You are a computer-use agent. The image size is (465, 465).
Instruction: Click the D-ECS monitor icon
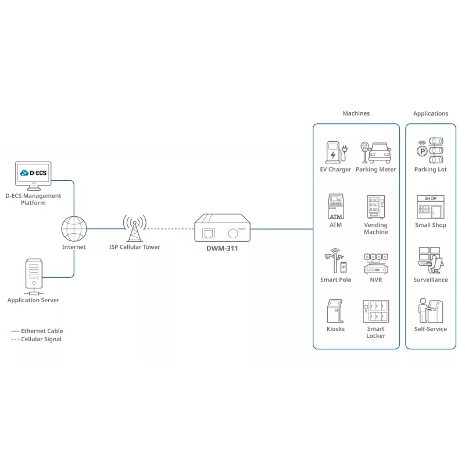[33, 176]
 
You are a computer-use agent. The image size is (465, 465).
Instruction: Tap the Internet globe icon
[74, 228]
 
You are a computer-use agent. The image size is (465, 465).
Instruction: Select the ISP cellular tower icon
[135, 228]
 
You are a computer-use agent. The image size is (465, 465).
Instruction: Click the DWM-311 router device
[223, 227]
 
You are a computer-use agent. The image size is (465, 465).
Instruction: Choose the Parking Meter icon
[375, 152]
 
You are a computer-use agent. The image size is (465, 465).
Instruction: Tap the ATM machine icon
[336, 206]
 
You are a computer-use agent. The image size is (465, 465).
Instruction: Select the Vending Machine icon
[375, 207]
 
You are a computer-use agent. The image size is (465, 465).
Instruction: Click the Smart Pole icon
[336, 260]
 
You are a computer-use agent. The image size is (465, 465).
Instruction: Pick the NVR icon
[375, 263]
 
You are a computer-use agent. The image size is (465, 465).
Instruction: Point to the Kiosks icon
[335, 311]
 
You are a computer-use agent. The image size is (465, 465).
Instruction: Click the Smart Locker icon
[375, 311]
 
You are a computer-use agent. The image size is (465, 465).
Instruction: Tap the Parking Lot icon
[430, 151]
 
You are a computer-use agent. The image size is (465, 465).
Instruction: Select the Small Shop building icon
[430, 207]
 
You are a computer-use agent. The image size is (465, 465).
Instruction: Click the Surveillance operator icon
[431, 260]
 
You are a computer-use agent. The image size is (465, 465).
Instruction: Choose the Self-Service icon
[431, 310]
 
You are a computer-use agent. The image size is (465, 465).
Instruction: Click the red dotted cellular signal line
[169, 229]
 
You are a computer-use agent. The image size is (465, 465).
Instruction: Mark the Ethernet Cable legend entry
[37, 331]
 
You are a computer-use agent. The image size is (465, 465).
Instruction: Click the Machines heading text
[356, 113]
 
